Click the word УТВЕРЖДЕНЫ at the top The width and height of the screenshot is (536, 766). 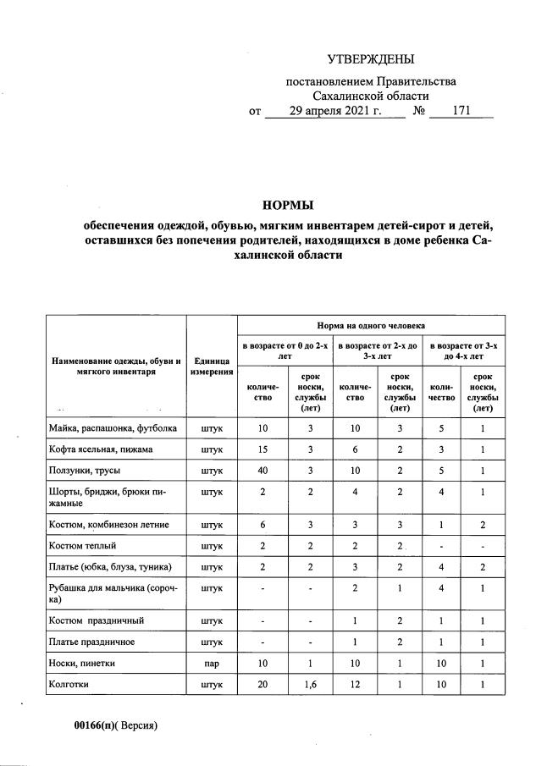coord(371,59)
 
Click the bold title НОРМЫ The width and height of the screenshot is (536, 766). coord(288,205)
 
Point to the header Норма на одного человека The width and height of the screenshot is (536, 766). coord(371,325)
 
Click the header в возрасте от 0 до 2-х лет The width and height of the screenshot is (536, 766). coord(285,351)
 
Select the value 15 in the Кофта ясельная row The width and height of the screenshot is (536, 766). coord(262,449)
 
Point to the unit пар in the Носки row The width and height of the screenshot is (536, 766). coord(212,664)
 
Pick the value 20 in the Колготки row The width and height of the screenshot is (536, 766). coord(262,686)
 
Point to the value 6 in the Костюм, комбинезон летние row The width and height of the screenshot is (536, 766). coord(262,525)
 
